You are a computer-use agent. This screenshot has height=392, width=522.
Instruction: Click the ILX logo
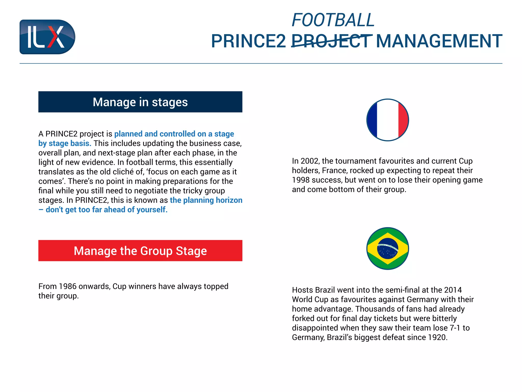47,37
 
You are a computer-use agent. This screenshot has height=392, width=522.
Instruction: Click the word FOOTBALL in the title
333,20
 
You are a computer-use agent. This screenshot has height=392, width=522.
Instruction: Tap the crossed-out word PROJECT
331,41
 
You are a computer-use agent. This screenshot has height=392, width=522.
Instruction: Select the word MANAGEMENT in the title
439,41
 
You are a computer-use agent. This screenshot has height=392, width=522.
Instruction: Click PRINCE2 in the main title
249,41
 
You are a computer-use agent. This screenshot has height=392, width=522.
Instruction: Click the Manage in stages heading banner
140,102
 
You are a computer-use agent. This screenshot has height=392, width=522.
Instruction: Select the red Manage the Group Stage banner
140,251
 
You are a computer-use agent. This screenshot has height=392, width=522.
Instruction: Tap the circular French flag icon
387,120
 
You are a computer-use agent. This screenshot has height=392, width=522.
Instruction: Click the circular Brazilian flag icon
387,248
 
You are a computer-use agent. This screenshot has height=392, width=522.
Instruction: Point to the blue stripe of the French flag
372,120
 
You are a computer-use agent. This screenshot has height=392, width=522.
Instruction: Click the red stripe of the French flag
403,120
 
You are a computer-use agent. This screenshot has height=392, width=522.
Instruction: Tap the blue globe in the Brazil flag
387,249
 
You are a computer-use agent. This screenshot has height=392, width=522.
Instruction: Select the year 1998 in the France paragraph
301,180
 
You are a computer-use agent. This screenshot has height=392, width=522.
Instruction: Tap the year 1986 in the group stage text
68,286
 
